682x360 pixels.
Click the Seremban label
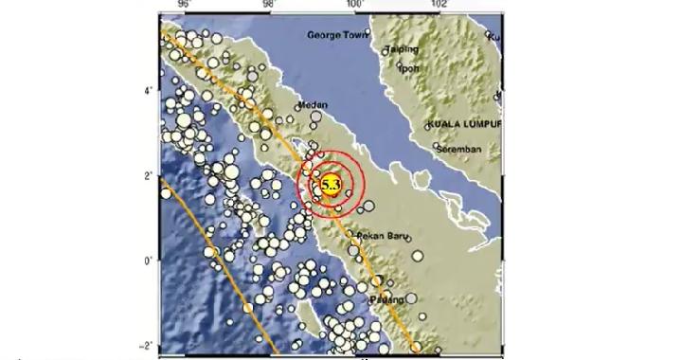click(459, 150)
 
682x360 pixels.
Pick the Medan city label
click(313, 105)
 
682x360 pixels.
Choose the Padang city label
click(389, 299)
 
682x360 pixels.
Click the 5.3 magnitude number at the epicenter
click(331, 184)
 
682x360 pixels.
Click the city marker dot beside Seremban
click(436, 146)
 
